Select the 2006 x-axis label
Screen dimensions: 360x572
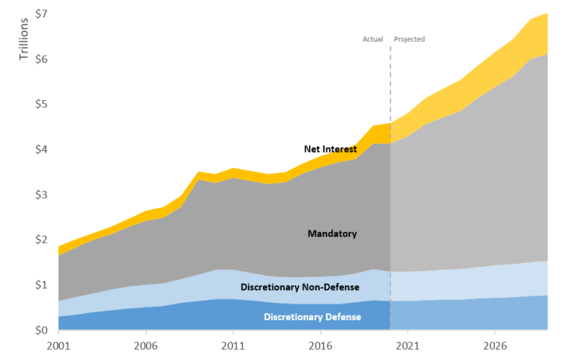[145, 346]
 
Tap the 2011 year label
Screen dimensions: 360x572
[232, 346]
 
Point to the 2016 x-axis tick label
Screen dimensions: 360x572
[320, 346]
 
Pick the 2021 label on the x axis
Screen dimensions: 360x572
[408, 346]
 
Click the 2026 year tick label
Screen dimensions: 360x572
[495, 346]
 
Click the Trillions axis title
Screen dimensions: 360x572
[23, 38]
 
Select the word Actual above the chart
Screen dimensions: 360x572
[373, 39]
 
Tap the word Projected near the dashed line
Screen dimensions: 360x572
[410, 39]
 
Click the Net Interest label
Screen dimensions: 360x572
[330, 149]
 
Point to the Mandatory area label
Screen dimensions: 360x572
[332, 234]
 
